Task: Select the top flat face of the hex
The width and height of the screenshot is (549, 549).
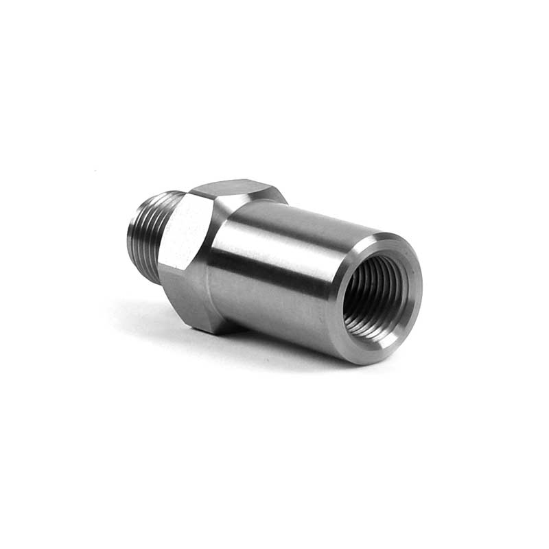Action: click(x=237, y=189)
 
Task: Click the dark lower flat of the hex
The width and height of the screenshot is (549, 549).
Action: click(x=199, y=302)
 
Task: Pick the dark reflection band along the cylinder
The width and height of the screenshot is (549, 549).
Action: click(x=281, y=264)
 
